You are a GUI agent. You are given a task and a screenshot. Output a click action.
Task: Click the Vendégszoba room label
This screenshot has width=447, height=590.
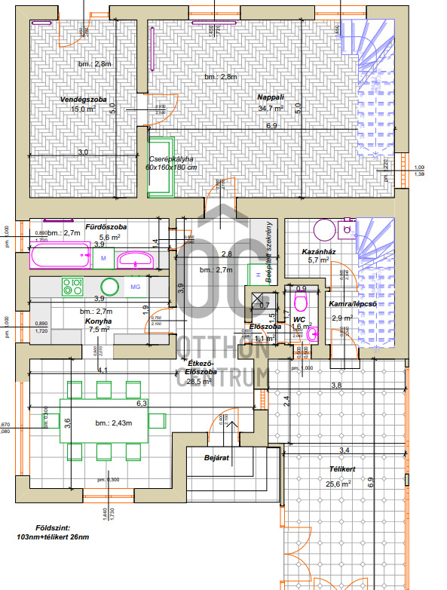tap(81, 99)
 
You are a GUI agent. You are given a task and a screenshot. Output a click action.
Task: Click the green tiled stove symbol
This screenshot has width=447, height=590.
tap(161, 167)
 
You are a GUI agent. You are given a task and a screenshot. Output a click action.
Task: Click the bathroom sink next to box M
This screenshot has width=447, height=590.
tap(136, 260)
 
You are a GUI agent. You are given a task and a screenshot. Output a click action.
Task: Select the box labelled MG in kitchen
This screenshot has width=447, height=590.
tap(136, 287)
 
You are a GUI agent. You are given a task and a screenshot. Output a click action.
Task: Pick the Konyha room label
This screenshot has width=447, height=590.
tap(99, 319)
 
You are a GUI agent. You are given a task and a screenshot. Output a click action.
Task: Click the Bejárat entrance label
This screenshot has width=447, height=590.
tap(216, 457)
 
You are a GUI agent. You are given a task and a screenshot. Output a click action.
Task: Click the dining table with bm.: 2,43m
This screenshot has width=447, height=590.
tap(105, 423)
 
